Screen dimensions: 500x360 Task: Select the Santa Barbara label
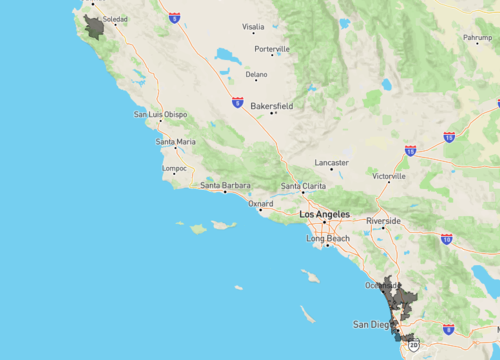tap(224, 185)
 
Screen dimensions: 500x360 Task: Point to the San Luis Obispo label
tap(161, 115)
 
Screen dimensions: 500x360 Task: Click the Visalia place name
tap(253, 27)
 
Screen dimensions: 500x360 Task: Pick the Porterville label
tap(271, 48)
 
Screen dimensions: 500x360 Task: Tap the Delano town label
tap(257, 74)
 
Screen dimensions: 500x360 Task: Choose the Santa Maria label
tap(176, 142)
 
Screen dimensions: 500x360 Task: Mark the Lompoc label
tap(174, 168)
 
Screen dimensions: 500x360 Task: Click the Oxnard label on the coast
tap(261, 202)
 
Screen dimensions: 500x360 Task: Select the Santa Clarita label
tap(304, 186)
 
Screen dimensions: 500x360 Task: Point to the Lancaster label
tap(331, 162)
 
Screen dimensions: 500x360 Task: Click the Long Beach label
tap(328, 239)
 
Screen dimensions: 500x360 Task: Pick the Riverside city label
tap(383, 220)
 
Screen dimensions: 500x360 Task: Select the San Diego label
tap(372, 325)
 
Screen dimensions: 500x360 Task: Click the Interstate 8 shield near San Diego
tap(447, 328)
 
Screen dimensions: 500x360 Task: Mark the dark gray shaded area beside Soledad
tap(95, 27)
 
